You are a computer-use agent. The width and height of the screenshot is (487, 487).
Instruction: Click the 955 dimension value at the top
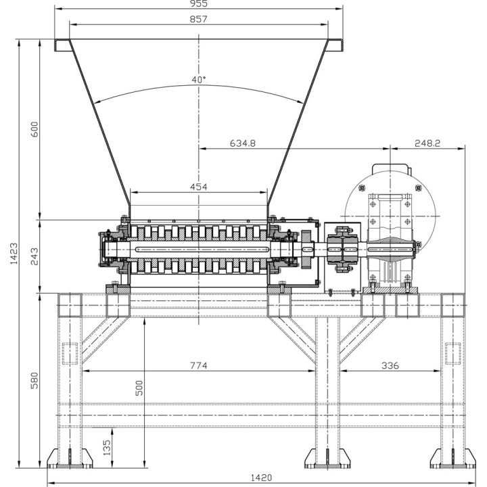pos(198,3)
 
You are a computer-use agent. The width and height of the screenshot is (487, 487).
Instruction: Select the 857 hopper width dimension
pos(198,19)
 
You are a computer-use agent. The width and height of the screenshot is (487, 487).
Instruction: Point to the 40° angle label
pos(199,80)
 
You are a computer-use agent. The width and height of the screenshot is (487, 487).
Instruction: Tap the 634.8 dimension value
pos(243,143)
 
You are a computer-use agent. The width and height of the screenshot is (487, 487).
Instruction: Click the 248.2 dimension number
pos(427,143)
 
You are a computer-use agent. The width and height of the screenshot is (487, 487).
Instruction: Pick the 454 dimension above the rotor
pos(198,187)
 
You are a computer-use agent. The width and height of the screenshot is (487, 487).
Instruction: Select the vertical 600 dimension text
pos(34,129)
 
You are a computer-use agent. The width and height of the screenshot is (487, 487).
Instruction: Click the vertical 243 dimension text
pos(34,256)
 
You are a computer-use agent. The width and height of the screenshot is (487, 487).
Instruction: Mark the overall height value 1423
pos(14,254)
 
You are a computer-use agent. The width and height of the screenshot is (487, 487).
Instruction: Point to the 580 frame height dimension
pos(34,380)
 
